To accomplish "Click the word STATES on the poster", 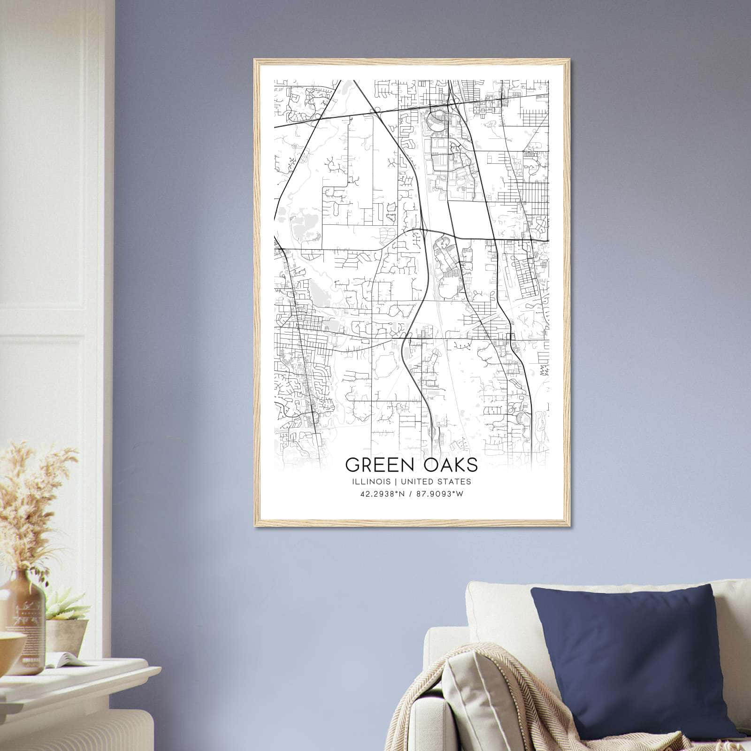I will pyautogui.click(x=455, y=482).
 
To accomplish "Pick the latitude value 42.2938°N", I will pyautogui.click(x=382, y=494).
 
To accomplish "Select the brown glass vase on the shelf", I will pyautogui.click(x=26, y=615).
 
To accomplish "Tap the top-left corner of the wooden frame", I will pyautogui.click(x=255, y=60).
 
